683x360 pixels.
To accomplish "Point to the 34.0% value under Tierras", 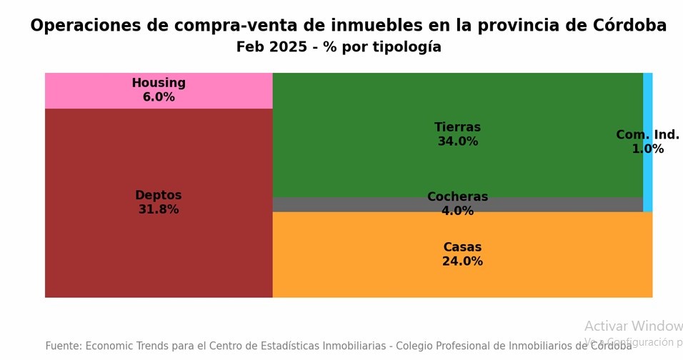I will point(457,142).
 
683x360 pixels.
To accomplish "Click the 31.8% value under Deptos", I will point(158,210).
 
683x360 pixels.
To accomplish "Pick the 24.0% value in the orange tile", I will point(462,262).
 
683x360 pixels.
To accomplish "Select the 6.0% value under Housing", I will point(158,98).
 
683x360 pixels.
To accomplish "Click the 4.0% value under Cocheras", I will point(457,211).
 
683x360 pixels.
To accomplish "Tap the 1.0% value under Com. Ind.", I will point(647,149).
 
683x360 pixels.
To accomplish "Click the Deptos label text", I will point(158,196).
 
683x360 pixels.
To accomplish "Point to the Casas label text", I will point(462,248).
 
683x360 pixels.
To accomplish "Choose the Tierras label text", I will point(457,128).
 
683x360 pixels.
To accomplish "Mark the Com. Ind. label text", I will point(647,135).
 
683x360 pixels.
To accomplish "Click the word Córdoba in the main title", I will point(629,26).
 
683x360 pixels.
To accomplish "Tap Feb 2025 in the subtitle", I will point(273,48).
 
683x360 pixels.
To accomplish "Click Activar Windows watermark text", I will point(633,326).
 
